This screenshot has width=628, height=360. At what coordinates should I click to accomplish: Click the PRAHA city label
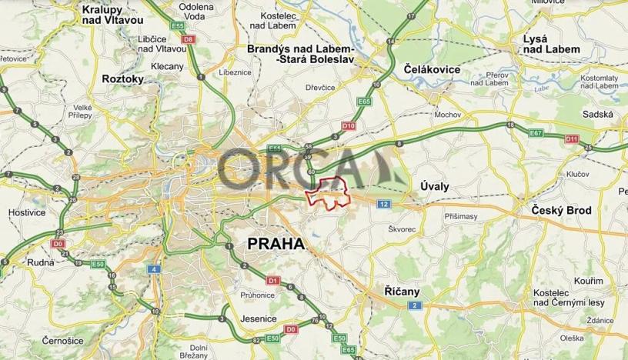click(x=275, y=244)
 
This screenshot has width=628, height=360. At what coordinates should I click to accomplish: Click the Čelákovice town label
click(x=432, y=69)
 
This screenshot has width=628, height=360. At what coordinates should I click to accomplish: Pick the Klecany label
click(x=167, y=66)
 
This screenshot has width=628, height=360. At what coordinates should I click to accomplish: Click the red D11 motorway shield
click(x=570, y=138)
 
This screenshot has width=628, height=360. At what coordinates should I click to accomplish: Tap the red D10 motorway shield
click(x=348, y=125)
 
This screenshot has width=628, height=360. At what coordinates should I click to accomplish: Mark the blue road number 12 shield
click(x=383, y=203)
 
